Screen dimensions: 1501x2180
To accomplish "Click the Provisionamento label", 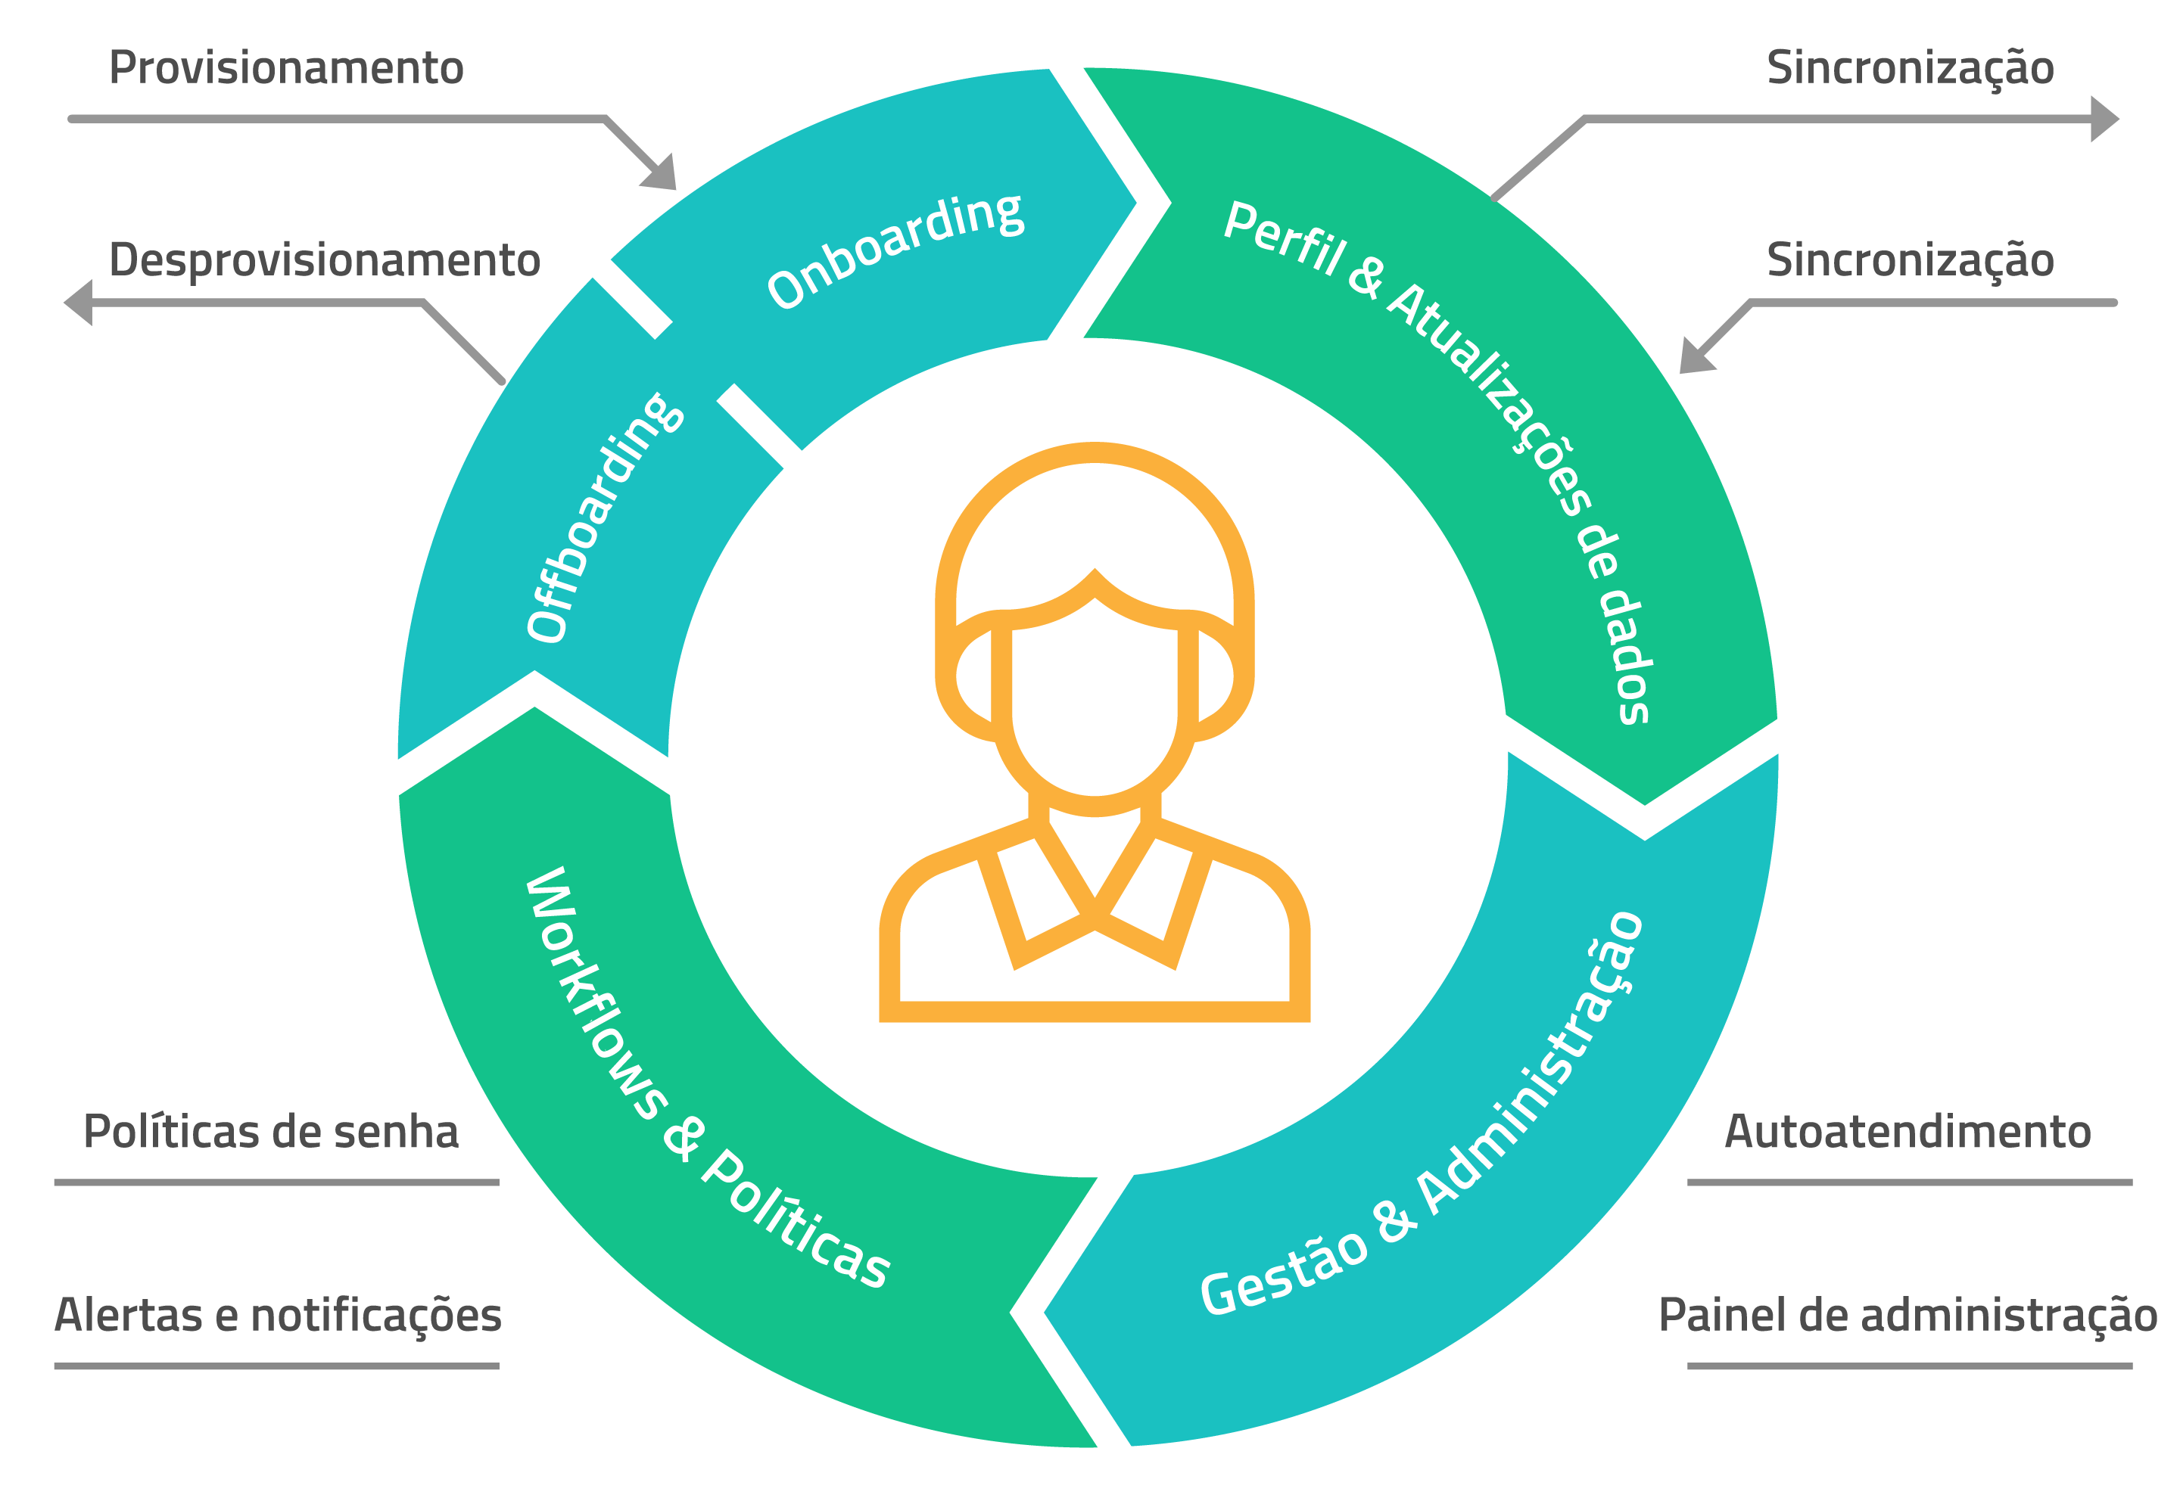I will pos(286,68).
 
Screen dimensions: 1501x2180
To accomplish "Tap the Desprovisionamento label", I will pos(324,259).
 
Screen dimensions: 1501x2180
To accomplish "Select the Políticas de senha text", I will pos(270,1131).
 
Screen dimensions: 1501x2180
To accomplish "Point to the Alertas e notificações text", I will pos(278,1315).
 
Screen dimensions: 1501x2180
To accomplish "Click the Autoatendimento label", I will pos(1907,1131).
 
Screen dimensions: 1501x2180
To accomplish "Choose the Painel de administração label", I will pos(1907,1315).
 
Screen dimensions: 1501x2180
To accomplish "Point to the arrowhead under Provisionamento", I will pos(662,175).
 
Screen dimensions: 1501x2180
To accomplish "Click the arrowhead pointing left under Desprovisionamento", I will pos(79,303).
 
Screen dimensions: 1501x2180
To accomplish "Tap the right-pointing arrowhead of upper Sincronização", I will pos(2104,120).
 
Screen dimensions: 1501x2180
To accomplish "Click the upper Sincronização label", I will pos(1910,68).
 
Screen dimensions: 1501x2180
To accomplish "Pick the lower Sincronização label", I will pos(1910,259).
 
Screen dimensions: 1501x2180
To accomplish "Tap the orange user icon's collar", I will pos(1095,903).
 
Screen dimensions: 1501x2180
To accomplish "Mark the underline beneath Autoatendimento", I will pos(1909,1182).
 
